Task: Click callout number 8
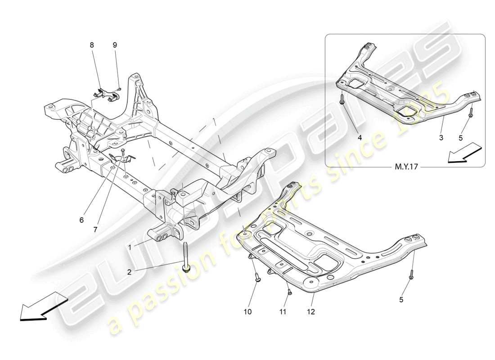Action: [92, 45]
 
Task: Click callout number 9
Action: [115, 45]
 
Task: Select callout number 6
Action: [81, 220]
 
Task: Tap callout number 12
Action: [310, 311]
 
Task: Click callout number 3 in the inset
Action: [441, 138]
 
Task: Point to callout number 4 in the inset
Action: [360, 138]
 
